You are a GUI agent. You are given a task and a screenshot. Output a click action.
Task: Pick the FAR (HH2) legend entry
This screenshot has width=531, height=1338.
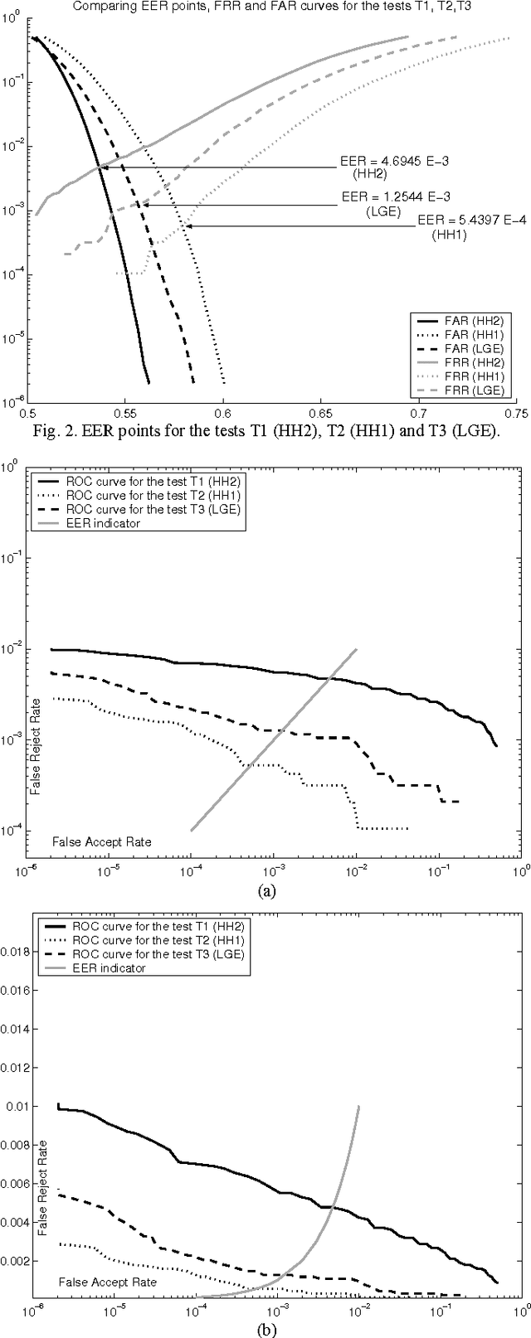coord(461,319)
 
